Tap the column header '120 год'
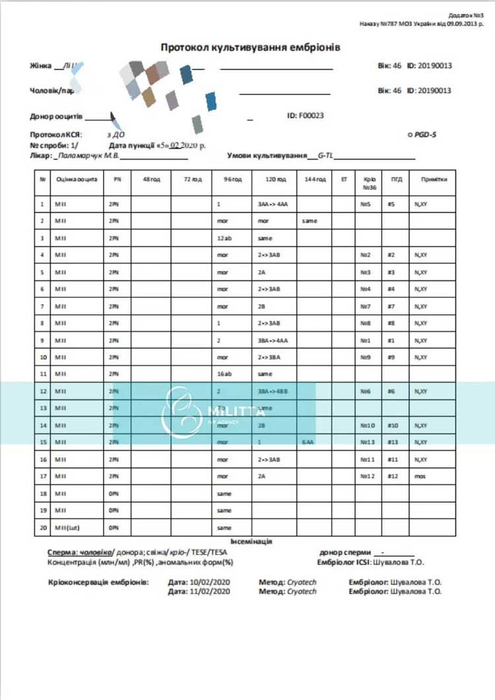click(276, 179)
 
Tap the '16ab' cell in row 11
click(224, 373)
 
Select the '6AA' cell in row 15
click(308, 441)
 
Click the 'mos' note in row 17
click(418, 476)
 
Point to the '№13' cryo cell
click(368, 441)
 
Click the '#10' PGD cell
click(393, 426)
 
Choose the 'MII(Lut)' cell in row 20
click(69, 528)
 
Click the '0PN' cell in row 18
click(114, 493)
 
